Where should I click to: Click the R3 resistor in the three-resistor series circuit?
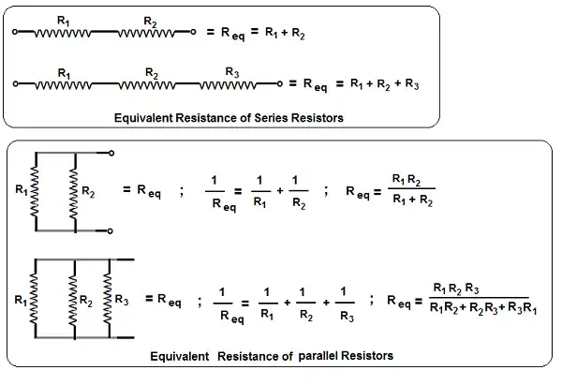click(x=228, y=85)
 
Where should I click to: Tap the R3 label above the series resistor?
click(x=232, y=73)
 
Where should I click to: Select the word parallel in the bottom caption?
click(x=318, y=356)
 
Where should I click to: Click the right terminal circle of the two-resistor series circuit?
click(x=193, y=32)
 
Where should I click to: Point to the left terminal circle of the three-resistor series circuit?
click(x=15, y=84)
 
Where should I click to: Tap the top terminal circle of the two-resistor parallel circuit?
click(x=111, y=153)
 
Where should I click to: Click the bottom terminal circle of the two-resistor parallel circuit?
click(x=110, y=230)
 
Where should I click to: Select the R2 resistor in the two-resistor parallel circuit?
click(x=74, y=192)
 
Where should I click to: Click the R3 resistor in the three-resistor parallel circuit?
click(x=108, y=298)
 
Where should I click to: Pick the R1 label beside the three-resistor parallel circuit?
click(x=21, y=300)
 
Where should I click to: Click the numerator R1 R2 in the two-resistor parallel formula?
click(x=407, y=179)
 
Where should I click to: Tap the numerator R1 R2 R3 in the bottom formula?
click(x=456, y=289)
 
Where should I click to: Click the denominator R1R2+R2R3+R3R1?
click(x=483, y=308)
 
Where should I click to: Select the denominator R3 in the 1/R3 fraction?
click(x=347, y=317)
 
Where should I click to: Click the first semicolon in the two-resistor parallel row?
click(x=182, y=191)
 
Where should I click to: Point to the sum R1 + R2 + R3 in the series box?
click(x=385, y=84)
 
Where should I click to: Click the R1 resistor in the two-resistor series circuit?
click(x=63, y=34)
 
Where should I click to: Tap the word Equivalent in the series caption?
click(x=143, y=118)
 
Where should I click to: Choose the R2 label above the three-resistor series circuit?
click(x=152, y=73)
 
